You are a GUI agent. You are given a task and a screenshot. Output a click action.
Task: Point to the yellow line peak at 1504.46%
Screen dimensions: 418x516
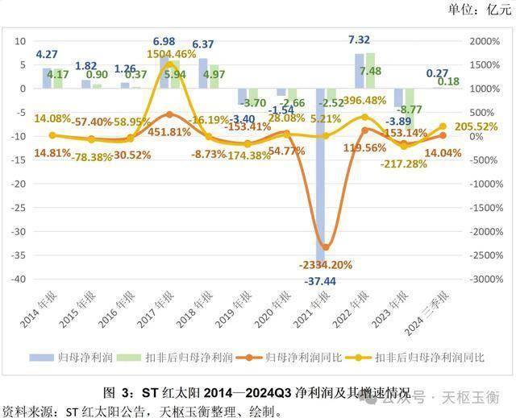pos(170,64)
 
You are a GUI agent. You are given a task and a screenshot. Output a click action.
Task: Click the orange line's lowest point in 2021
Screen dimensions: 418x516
pos(326,246)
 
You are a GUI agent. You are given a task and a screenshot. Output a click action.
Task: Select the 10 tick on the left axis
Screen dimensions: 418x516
pos(21,41)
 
